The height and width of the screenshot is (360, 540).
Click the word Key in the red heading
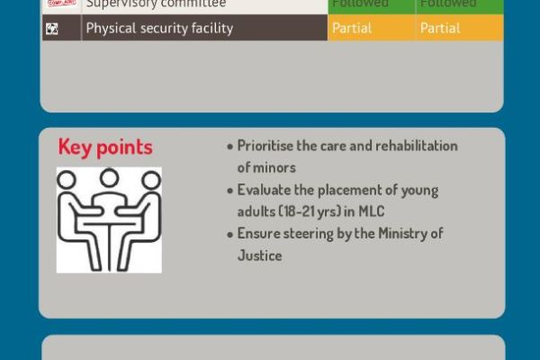[75, 148]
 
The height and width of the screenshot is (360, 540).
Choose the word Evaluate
[265, 190]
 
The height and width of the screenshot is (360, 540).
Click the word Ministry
[405, 234]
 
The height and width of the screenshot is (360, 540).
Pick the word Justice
[260, 256]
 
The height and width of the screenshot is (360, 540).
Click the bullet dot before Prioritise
[230, 147]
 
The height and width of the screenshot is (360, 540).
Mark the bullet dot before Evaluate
[230, 191]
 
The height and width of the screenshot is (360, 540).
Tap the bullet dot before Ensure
[230, 235]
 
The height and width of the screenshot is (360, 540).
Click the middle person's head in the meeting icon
[109, 177]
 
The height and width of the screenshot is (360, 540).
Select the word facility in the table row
[211, 28]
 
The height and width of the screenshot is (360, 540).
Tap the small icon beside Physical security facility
[52, 28]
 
